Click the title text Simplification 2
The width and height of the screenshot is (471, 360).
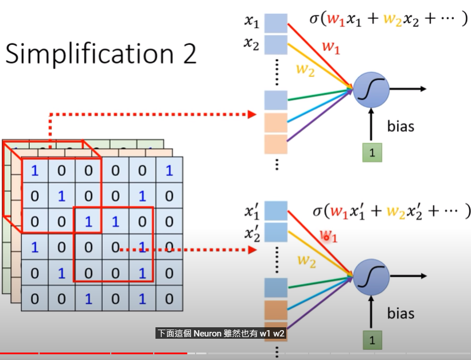(x=101, y=54)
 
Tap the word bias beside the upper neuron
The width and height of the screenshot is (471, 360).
(x=400, y=126)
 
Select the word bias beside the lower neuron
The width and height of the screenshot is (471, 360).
(x=400, y=313)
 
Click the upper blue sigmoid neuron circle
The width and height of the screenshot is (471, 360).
(x=371, y=90)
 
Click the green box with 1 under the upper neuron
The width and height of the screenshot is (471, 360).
(x=372, y=153)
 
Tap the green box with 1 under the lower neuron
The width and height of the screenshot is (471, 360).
(x=372, y=340)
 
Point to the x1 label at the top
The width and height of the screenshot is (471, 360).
(x=252, y=21)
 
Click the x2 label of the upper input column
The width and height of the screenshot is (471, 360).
(x=251, y=44)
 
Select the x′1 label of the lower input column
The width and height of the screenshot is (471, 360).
(x=252, y=211)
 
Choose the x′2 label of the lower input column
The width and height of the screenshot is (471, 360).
(x=252, y=234)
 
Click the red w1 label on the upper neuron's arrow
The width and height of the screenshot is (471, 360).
(x=331, y=47)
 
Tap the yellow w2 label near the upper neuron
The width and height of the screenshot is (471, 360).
(x=305, y=70)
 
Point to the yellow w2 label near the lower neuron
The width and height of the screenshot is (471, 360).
(x=306, y=261)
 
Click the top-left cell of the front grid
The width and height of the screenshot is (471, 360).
(x=35, y=170)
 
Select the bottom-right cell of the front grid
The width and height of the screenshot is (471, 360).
(x=169, y=299)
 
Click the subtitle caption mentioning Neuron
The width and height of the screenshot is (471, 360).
(x=221, y=334)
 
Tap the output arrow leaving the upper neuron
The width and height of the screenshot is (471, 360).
(x=408, y=89)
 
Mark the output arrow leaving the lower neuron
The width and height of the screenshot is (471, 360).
(x=408, y=276)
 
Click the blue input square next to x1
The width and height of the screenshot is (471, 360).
(x=276, y=24)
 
